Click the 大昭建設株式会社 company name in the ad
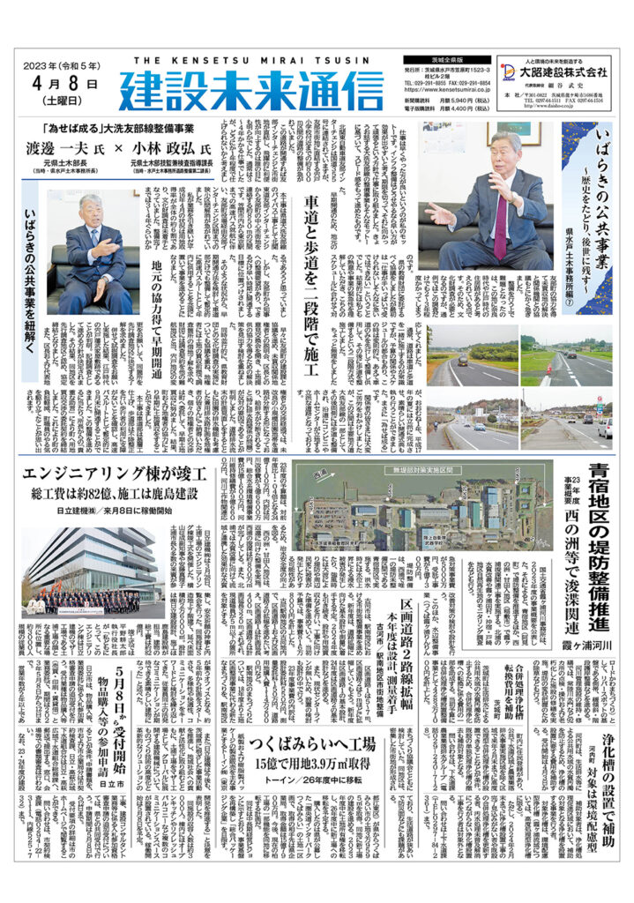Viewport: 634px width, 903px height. pyautogui.click(x=563, y=71)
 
